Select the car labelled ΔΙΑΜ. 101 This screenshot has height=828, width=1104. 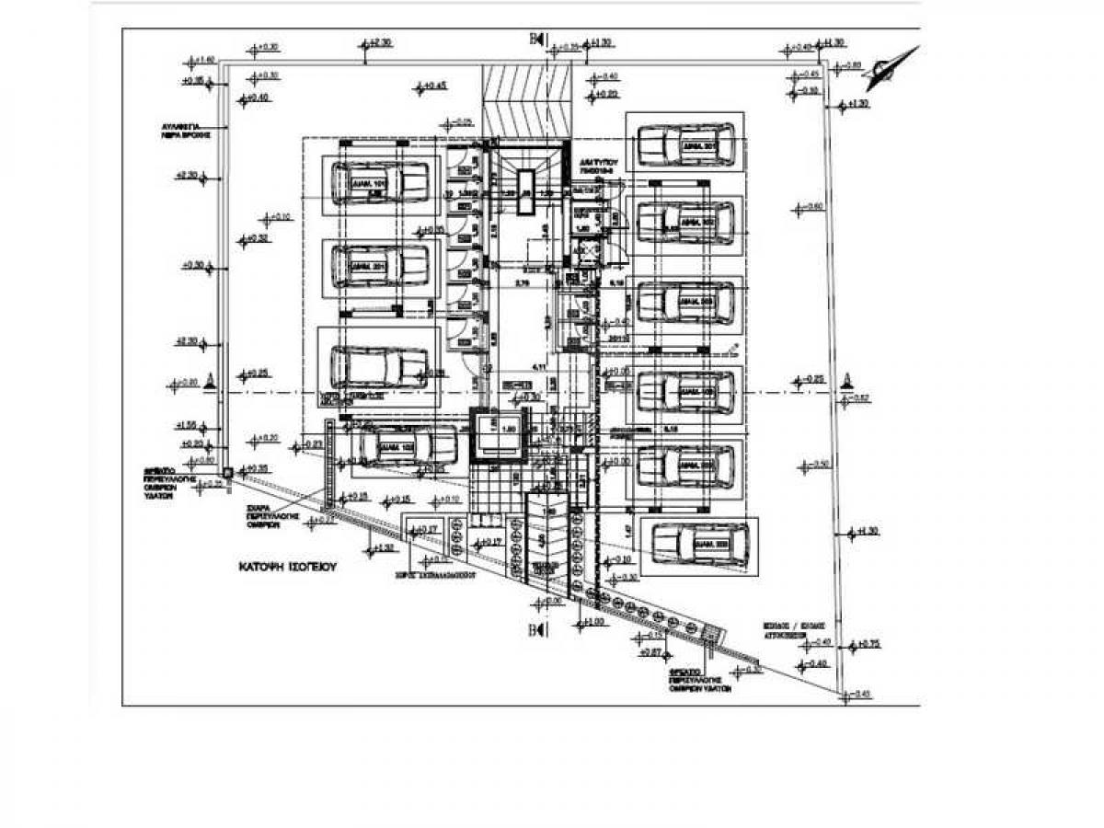click(x=379, y=182)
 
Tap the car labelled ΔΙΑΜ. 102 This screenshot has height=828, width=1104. click(x=405, y=447)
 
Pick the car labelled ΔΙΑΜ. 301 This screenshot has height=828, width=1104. click(x=685, y=145)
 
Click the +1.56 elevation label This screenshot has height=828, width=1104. click(x=188, y=426)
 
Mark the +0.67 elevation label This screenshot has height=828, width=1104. click(x=650, y=652)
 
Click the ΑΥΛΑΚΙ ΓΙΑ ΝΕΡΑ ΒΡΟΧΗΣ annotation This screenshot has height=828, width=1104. click(x=185, y=129)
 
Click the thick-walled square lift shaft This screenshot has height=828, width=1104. click(x=496, y=435)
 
